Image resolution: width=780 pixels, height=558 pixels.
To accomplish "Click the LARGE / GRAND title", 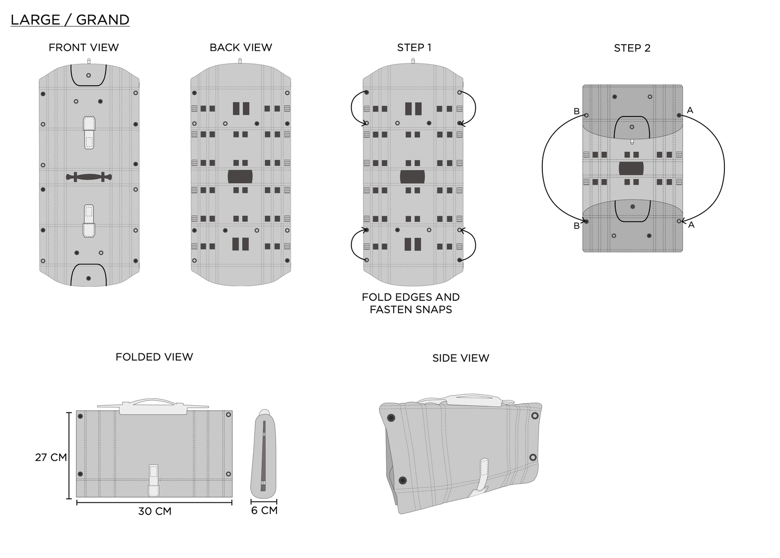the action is [x=70, y=20].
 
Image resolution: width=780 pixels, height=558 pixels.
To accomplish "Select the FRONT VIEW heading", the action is [x=84, y=47].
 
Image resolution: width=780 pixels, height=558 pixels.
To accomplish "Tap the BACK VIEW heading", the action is [x=241, y=47].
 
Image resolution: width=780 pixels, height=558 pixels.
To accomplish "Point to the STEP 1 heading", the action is [x=414, y=47].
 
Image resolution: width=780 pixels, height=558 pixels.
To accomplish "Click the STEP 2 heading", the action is [x=632, y=48].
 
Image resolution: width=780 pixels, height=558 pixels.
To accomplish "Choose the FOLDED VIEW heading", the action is [x=154, y=357].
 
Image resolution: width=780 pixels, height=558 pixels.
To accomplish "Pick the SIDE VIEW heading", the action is [x=461, y=358].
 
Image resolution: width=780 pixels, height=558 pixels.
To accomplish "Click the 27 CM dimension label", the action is [x=51, y=457].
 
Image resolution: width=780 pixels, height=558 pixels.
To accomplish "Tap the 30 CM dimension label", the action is [x=154, y=511].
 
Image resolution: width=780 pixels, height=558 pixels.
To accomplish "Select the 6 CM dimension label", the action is [x=264, y=510].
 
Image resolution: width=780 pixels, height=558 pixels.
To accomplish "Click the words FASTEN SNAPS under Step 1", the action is [x=411, y=309].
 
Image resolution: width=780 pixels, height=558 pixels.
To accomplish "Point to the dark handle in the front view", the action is [x=89, y=177].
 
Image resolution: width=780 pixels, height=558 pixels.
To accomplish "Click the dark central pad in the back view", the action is [x=240, y=177].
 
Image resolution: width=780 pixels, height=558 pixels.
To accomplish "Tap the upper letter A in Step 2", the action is [x=690, y=110].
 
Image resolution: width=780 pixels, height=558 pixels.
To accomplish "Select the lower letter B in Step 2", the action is [x=577, y=226].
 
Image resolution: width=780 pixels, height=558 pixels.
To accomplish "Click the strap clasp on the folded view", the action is [x=153, y=480].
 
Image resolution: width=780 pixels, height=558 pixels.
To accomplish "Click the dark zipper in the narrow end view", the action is [x=263, y=456].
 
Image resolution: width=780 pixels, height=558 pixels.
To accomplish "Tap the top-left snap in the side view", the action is [x=391, y=417].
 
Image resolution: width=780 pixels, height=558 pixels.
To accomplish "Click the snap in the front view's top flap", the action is [x=88, y=75].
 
